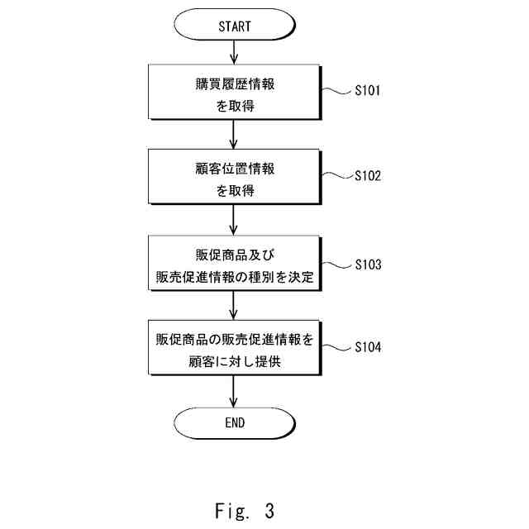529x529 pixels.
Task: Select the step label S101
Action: click(x=367, y=90)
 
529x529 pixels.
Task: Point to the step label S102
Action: click(x=368, y=176)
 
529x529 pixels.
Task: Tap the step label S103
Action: click(x=368, y=264)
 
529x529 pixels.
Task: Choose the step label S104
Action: click(x=368, y=347)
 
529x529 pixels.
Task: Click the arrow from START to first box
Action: click(x=233, y=52)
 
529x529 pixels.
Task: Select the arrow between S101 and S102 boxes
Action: click(x=233, y=134)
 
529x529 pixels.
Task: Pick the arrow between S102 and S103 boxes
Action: click(x=233, y=220)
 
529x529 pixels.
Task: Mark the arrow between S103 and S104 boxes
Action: click(x=233, y=305)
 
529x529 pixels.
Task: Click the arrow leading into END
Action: click(x=233, y=391)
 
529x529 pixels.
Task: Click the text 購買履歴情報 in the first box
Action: click(x=235, y=84)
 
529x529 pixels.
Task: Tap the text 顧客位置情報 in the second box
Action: click(x=235, y=169)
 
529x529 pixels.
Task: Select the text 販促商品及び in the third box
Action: click(x=235, y=255)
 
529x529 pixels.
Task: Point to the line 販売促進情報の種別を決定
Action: click(x=235, y=277)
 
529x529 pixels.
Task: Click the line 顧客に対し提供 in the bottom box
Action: click(x=235, y=361)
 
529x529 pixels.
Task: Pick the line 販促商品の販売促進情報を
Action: click(x=235, y=340)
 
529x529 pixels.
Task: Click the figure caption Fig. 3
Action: click(x=245, y=511)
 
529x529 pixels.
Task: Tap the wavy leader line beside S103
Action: click(x=336, y=265)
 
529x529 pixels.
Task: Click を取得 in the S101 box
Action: click(x=235, y=106)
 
